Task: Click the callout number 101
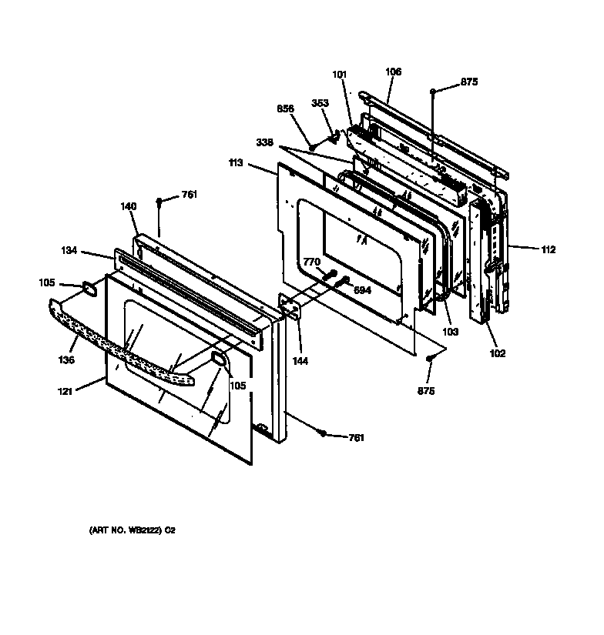(x=340, y=75)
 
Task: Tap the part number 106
(x=393, y=72)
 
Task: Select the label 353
(x=320, y=103)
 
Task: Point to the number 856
(x=286, y=109)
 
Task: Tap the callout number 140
(x=128, y=206)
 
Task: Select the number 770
(x=311, y=262)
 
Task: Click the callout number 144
(x=299, y=360)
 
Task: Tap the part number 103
(x=450, y=333)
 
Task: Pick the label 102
(x=498, y=353)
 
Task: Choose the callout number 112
(x=548, y=249)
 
